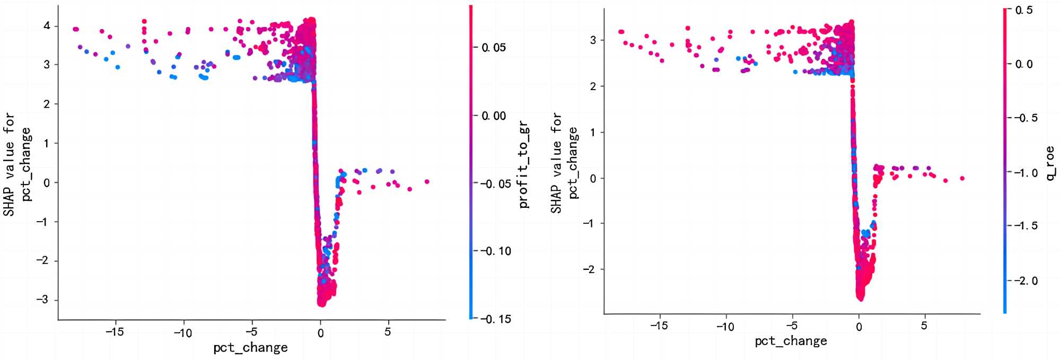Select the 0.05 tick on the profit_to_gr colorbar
(x=493, y=48)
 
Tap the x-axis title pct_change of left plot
(x=250, y=348)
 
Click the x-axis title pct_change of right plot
(x=791, y=341)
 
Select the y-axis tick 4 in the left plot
(x=47, y=26)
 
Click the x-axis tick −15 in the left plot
(x=114, y=332)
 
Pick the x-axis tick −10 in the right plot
(x=725, y=327)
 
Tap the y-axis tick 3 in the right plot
(x=592, y=40)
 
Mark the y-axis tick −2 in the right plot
(x=590, y=269)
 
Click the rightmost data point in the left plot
(x=427, y=182)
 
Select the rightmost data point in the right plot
(x=962, y=178)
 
